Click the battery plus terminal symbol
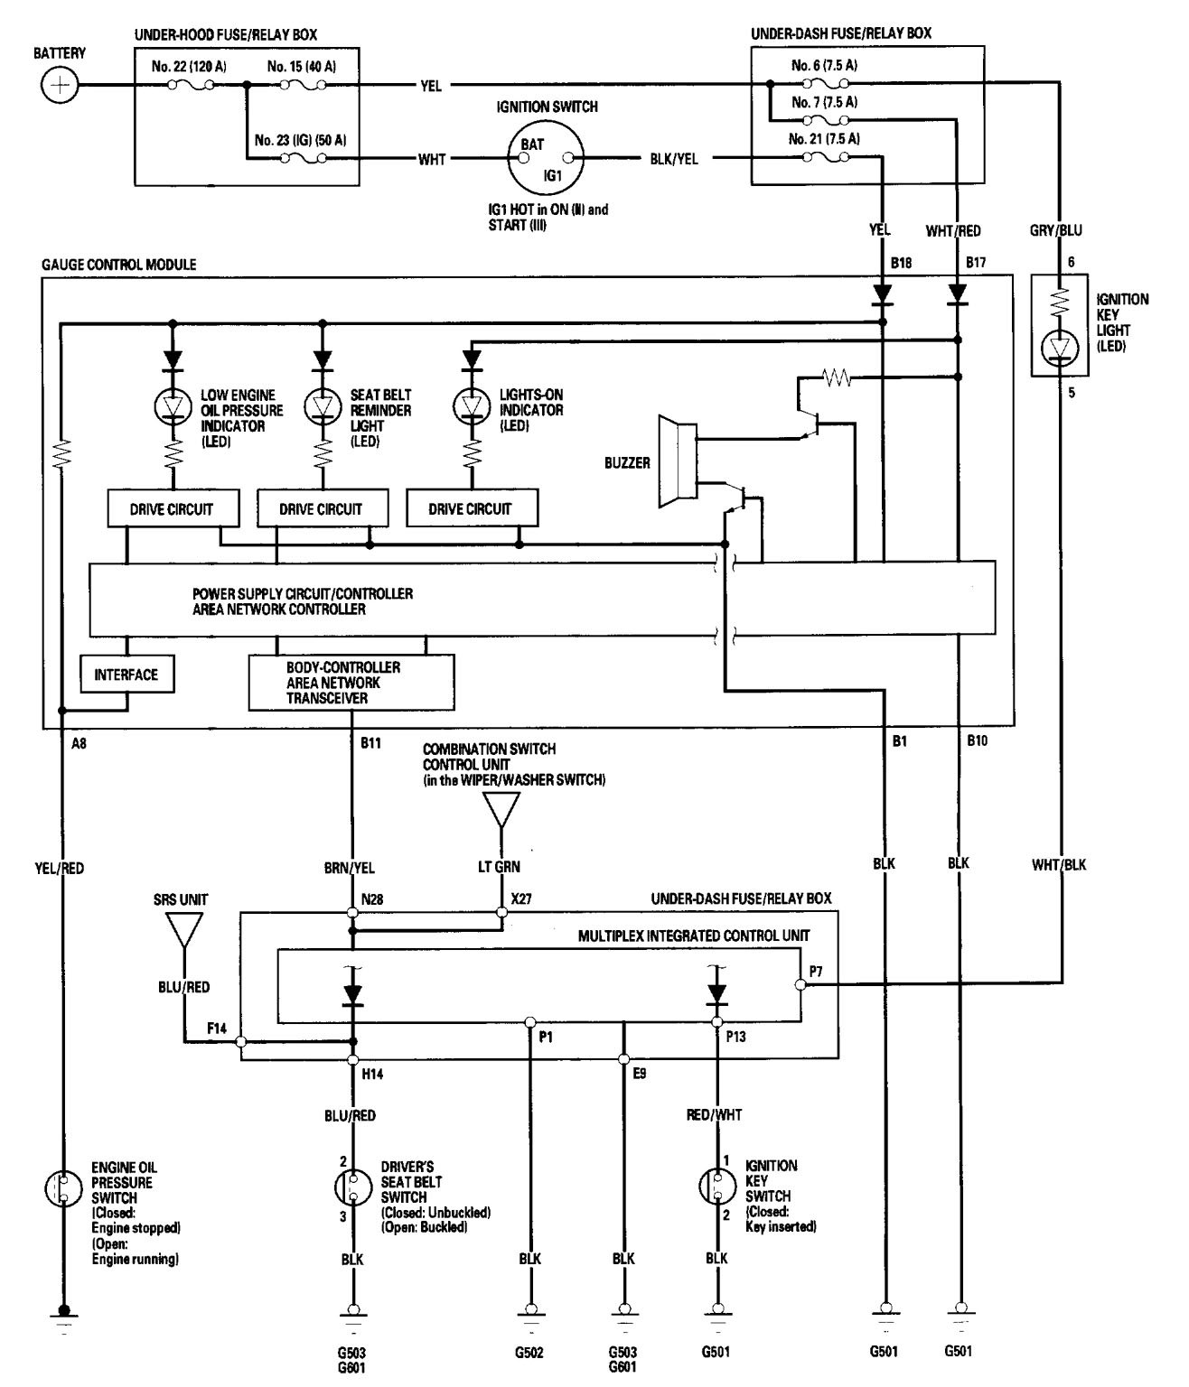(60, 87)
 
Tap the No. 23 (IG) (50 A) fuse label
(300, 140)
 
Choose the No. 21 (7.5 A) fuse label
(824, 139)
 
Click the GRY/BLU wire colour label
(1056, 230)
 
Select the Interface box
(126, 675)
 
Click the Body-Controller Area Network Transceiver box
(351, 683)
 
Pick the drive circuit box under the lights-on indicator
(470, 508)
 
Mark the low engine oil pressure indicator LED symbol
(171, 407)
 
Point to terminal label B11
(371, 743)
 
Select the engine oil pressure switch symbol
(62, 1188)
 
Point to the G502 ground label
(530, 1352)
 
